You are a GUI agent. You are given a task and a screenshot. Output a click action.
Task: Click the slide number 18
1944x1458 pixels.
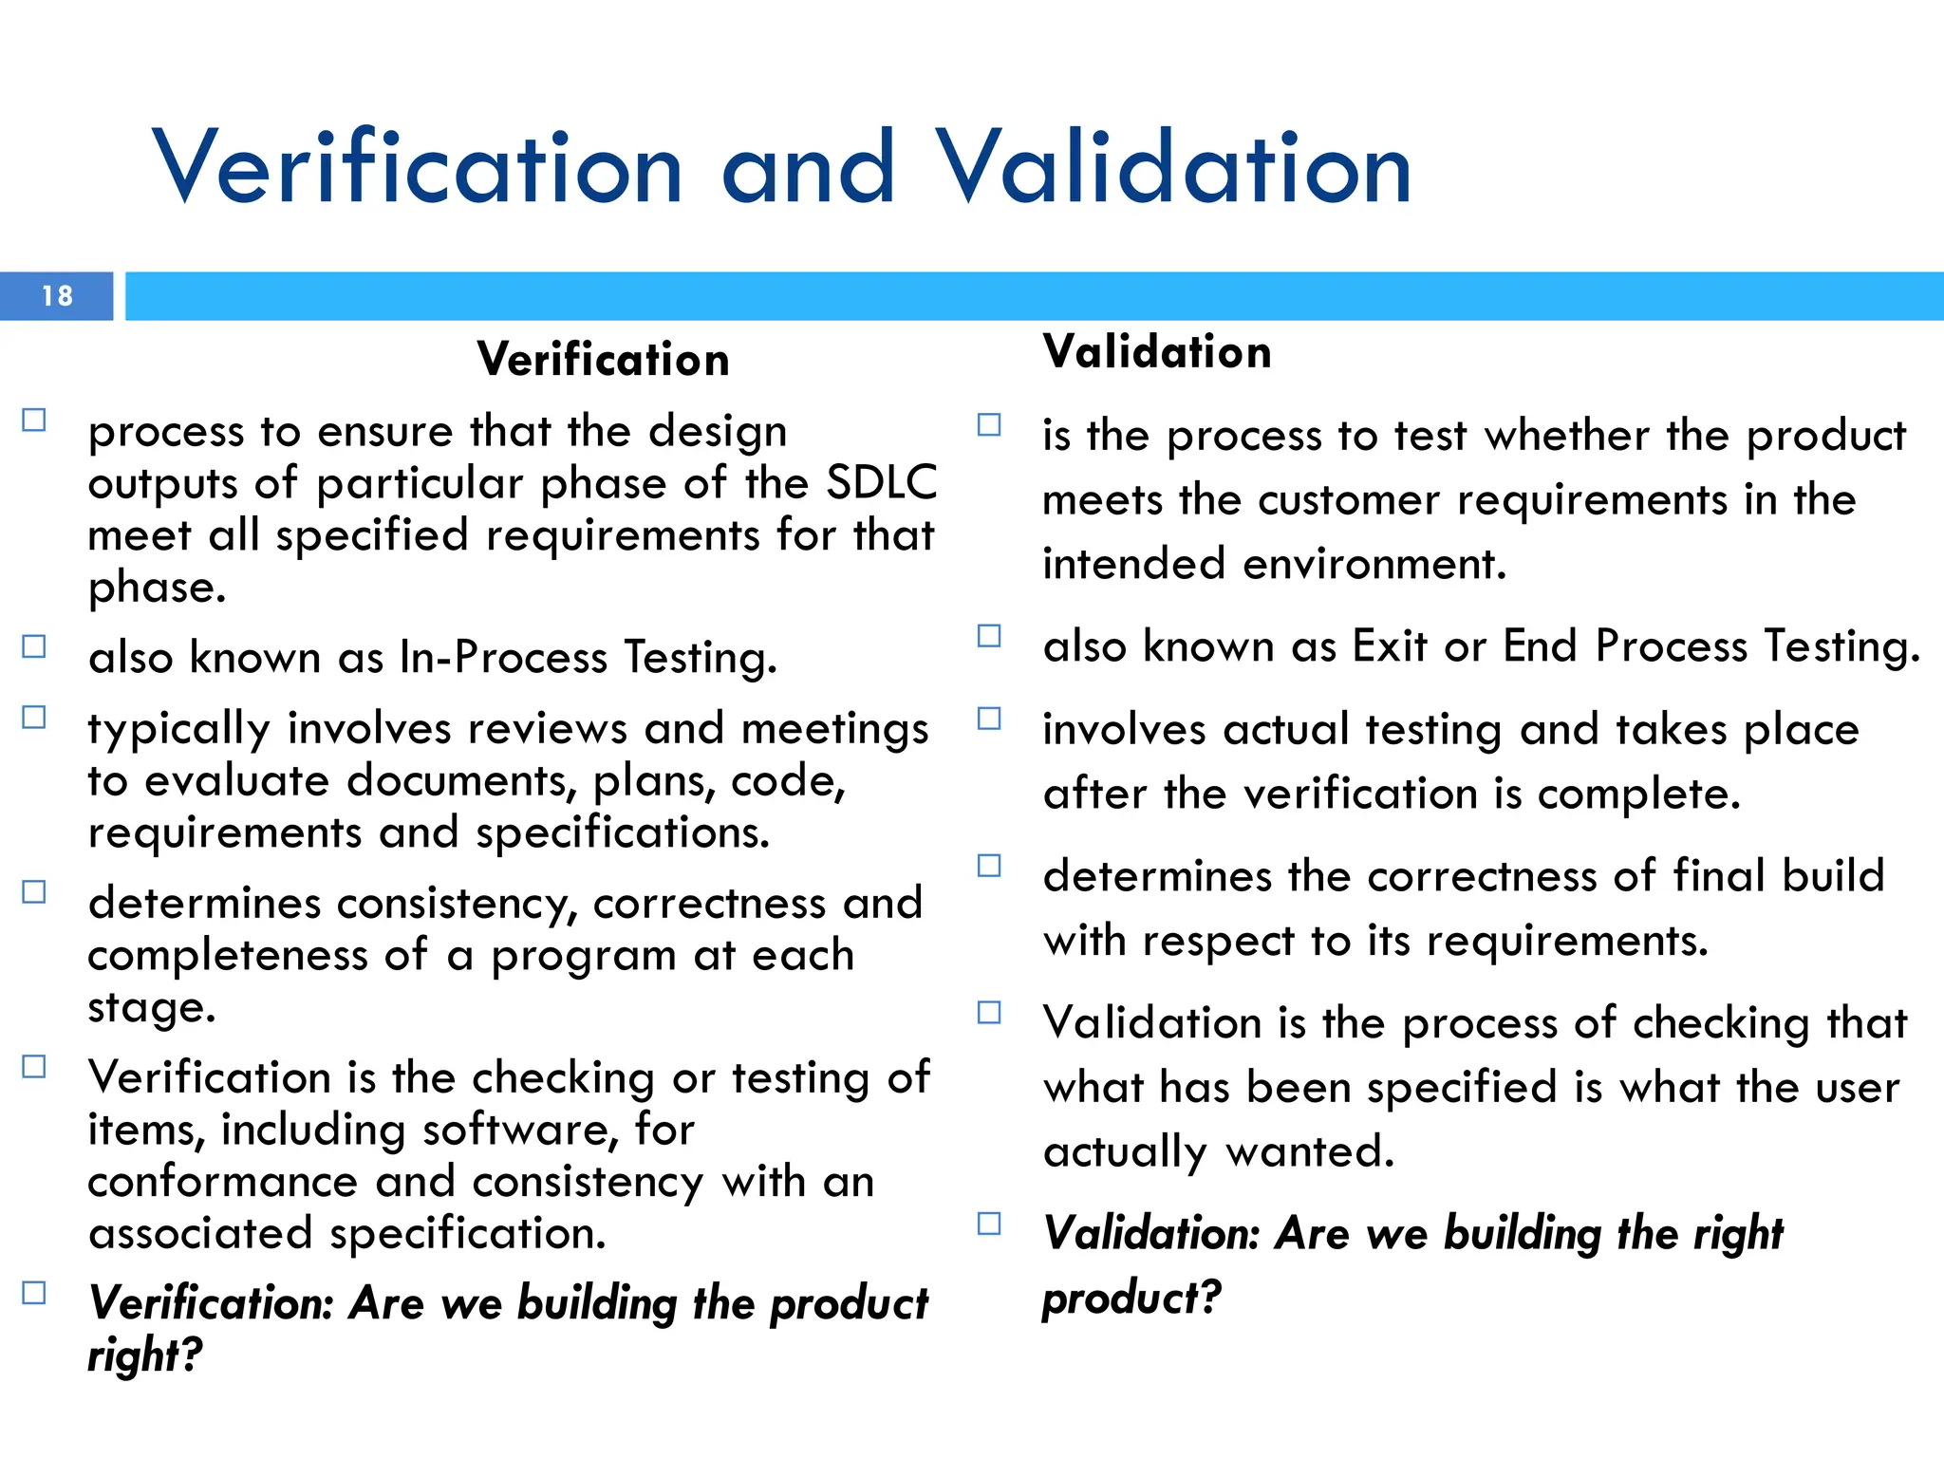click(57, 296)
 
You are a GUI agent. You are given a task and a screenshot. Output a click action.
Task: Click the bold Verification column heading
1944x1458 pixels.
click(603, 360)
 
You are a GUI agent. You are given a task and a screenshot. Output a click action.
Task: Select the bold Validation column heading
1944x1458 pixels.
click(1156, 352)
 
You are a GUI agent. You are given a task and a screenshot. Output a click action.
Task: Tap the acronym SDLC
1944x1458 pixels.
click(881, 483)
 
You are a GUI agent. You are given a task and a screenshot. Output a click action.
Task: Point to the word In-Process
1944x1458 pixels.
click(503, 657)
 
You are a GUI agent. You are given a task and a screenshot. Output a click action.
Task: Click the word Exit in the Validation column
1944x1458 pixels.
click(1389, 646)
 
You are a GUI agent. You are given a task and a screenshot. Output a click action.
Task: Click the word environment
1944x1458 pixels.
click(1374, 564)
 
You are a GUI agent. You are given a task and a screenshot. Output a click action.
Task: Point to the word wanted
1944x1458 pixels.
click(1309, 1152)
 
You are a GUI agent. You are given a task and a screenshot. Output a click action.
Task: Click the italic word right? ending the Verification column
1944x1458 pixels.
click(144, 1355)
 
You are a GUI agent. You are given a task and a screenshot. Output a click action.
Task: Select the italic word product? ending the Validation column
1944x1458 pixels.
click(1131, 1298)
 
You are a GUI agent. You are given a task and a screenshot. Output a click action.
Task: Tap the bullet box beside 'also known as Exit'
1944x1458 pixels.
click(989, 636)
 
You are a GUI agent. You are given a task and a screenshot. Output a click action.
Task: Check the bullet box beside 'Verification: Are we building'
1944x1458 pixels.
click(34, 1293)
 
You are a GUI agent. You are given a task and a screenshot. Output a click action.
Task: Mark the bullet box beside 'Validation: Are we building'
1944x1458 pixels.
click(989, 1224)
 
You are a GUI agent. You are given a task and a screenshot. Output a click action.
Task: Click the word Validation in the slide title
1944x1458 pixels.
click(1173, 169)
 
